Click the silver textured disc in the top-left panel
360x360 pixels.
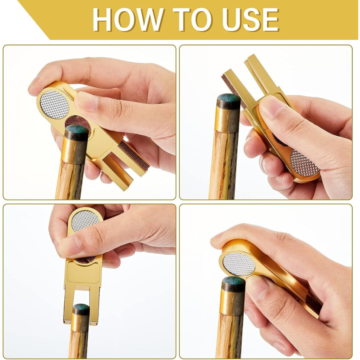(55, 104)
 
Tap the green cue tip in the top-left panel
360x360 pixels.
(77, 130)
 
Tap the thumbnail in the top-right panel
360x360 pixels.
(268, 108)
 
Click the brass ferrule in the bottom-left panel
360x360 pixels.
(80, 323)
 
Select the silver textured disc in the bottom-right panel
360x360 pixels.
(239, 264)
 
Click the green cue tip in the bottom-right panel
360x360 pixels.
(233, 280)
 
